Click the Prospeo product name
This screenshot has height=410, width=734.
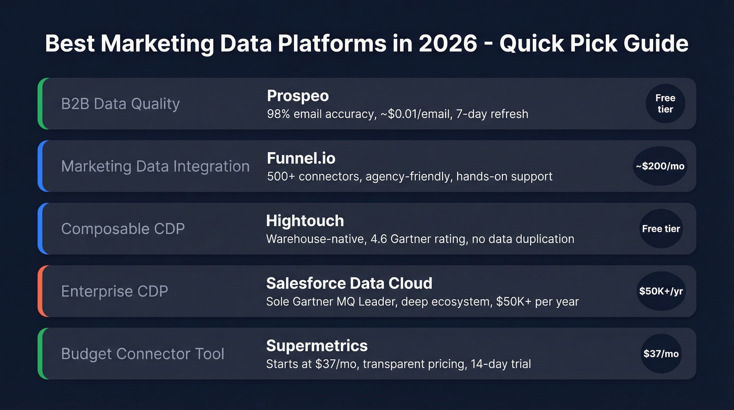(x=297, y=96)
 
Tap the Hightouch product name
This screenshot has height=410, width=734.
(x=305, y=220)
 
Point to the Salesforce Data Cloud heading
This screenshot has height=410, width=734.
(x=349, y=283)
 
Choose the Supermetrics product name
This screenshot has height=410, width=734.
(x=317, y=345)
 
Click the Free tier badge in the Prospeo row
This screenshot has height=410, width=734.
(x=665, y=104)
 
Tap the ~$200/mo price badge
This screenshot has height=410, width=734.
(x=660, y=166)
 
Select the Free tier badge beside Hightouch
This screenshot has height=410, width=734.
(x=661, y=229)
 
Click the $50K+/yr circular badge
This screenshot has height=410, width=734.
(x=661, y=291)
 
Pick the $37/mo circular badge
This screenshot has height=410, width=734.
(x=661, y=354)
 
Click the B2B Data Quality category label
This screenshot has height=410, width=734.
(x=120, y=104)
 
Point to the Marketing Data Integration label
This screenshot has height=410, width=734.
(x=155, y=166)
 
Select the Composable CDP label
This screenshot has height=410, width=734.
(x=123, y=229)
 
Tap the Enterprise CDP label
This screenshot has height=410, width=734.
(x=114, y=291)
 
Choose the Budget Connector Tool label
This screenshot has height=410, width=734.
(x=143, y=354)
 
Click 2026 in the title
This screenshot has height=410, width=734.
(x=448, y=44)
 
